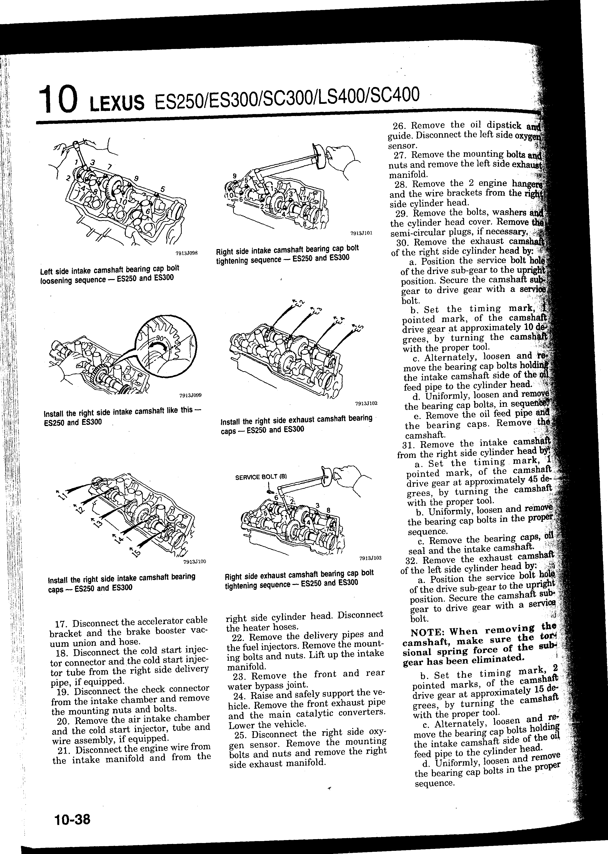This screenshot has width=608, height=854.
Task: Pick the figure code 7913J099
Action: click(x=190, y=395)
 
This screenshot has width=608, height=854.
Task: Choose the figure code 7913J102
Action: click(x=366, y=403)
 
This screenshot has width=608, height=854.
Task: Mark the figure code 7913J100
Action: click(x=195, y=562)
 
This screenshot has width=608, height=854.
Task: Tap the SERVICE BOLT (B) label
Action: click(x=261, y=477)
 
